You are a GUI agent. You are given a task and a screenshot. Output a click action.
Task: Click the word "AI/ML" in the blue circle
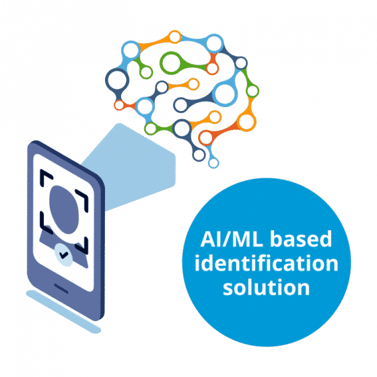click(232, 239)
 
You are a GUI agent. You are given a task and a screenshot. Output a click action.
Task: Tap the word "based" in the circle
click(302, 238)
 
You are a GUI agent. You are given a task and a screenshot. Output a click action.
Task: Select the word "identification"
click(267, 263)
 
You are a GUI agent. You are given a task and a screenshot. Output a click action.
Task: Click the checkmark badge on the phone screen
click(63, 255)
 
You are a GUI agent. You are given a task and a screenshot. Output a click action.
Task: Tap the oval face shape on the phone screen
click(64, 209)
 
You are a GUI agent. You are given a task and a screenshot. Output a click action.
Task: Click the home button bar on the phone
click(61, 289)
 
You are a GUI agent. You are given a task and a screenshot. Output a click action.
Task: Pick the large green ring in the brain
click(171, 63)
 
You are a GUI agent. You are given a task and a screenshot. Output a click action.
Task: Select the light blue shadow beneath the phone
click(63, 312)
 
